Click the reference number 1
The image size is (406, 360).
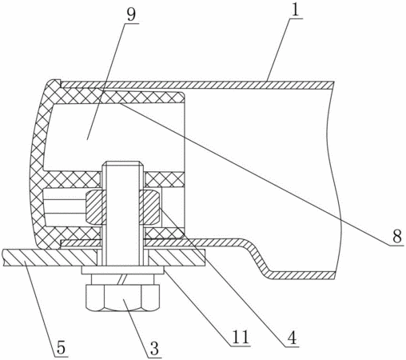296,10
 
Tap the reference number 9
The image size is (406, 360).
131,15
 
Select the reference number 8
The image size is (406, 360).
397,237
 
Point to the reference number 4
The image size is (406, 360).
292,338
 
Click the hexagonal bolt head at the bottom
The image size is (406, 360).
122,298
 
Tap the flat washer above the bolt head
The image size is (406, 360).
122,270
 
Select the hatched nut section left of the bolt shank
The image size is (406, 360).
94,207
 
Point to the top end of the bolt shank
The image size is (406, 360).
123,162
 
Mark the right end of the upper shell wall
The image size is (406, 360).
333,85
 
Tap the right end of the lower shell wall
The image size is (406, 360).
333,275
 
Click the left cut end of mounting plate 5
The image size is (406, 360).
3,258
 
